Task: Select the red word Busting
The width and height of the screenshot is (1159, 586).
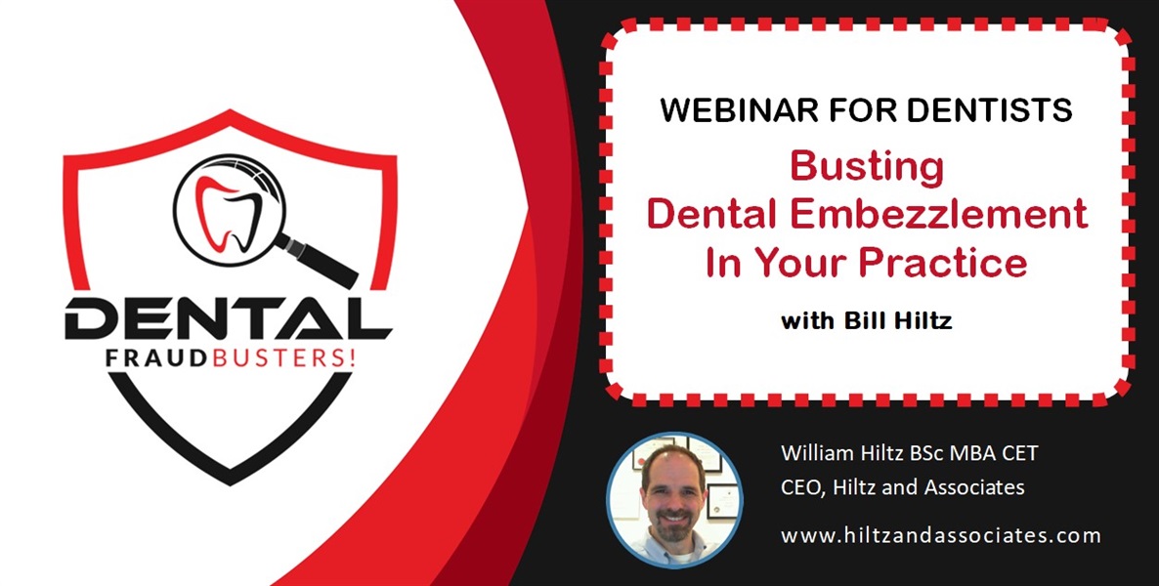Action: pos(867,167)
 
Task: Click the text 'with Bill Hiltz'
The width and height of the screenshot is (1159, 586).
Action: pos(866,321)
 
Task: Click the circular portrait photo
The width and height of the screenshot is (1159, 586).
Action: pos(674,499)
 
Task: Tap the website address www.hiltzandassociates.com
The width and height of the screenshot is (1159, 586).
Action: pos(940,535)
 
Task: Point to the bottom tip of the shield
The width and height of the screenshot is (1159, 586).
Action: pos(230,481)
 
